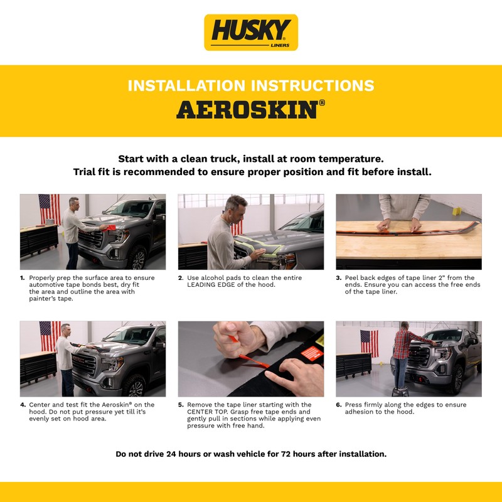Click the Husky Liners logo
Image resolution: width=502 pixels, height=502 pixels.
click(x=251, y=33)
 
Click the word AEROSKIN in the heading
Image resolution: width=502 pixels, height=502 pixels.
click(x=246, y=109)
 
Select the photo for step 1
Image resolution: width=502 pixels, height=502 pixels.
click(x=93, y=232)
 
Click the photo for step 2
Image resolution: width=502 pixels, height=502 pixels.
click(x=251, y=232)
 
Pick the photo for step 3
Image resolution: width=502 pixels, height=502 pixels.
click(x=409, y=232)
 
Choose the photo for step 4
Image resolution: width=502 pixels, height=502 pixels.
click(x=93, y=359)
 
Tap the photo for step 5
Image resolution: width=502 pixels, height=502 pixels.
click(x=251, y=359)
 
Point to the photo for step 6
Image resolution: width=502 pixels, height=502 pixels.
click(x=409, y=359)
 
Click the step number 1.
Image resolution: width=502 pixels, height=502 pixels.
click(x=23, y=278)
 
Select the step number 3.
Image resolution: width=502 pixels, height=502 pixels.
click(x=338, y=278)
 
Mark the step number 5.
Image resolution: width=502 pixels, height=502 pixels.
click(x=181, y=405)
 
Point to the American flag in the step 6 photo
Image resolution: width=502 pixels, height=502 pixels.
click(x=370, y=343)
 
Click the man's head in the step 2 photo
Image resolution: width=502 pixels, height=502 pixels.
click(x=236, y=206)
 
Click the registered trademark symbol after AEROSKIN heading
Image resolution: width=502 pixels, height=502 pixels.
click(x=322, y=102)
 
